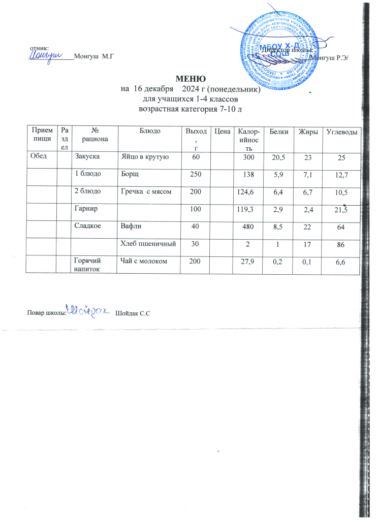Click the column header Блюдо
point(150,131)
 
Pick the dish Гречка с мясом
point(144,192)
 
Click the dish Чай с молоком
point(143,261)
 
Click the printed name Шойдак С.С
point(133,312)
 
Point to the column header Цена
point(220,131)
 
